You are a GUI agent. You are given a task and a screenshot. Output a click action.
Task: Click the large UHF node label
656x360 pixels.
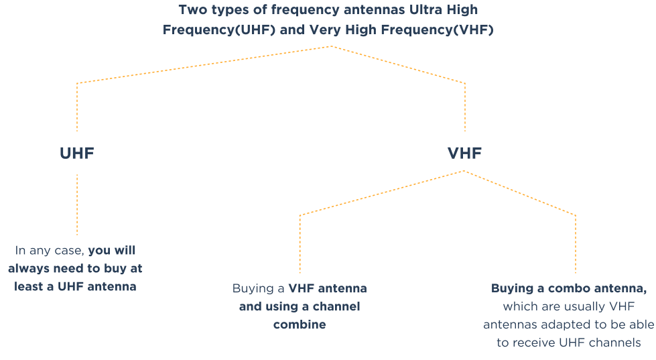76,154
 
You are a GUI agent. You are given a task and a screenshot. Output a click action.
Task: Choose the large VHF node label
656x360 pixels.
464,154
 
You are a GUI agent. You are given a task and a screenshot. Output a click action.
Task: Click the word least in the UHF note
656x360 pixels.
29,286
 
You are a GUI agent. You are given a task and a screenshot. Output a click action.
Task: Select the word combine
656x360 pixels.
299,325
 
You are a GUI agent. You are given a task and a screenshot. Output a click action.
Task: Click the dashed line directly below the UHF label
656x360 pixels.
77,204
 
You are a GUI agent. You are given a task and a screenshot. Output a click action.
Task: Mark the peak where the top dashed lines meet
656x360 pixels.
331,46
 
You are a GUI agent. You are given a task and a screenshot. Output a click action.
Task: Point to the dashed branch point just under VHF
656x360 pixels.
464,171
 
